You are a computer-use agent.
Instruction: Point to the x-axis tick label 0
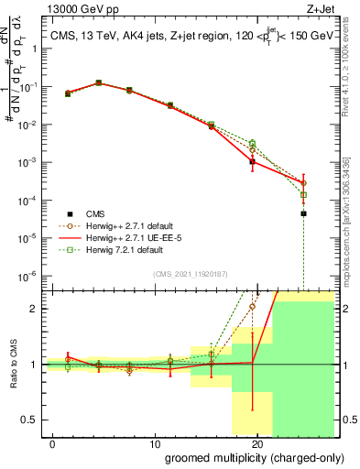(54, 443)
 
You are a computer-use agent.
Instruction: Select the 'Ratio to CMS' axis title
(15, 364)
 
